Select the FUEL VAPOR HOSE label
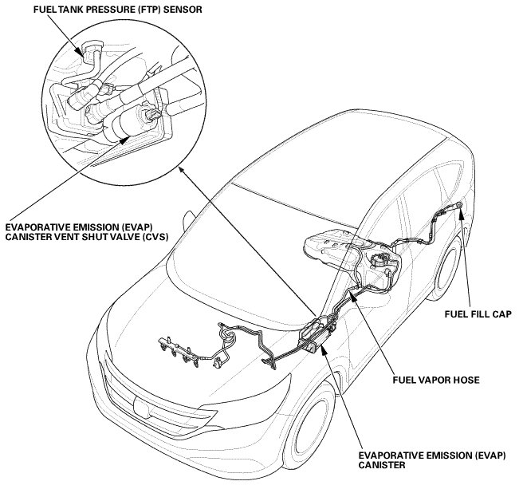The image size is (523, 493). click(x=435, y=380)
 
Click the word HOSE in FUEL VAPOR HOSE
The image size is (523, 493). click(x=465, y=380)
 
